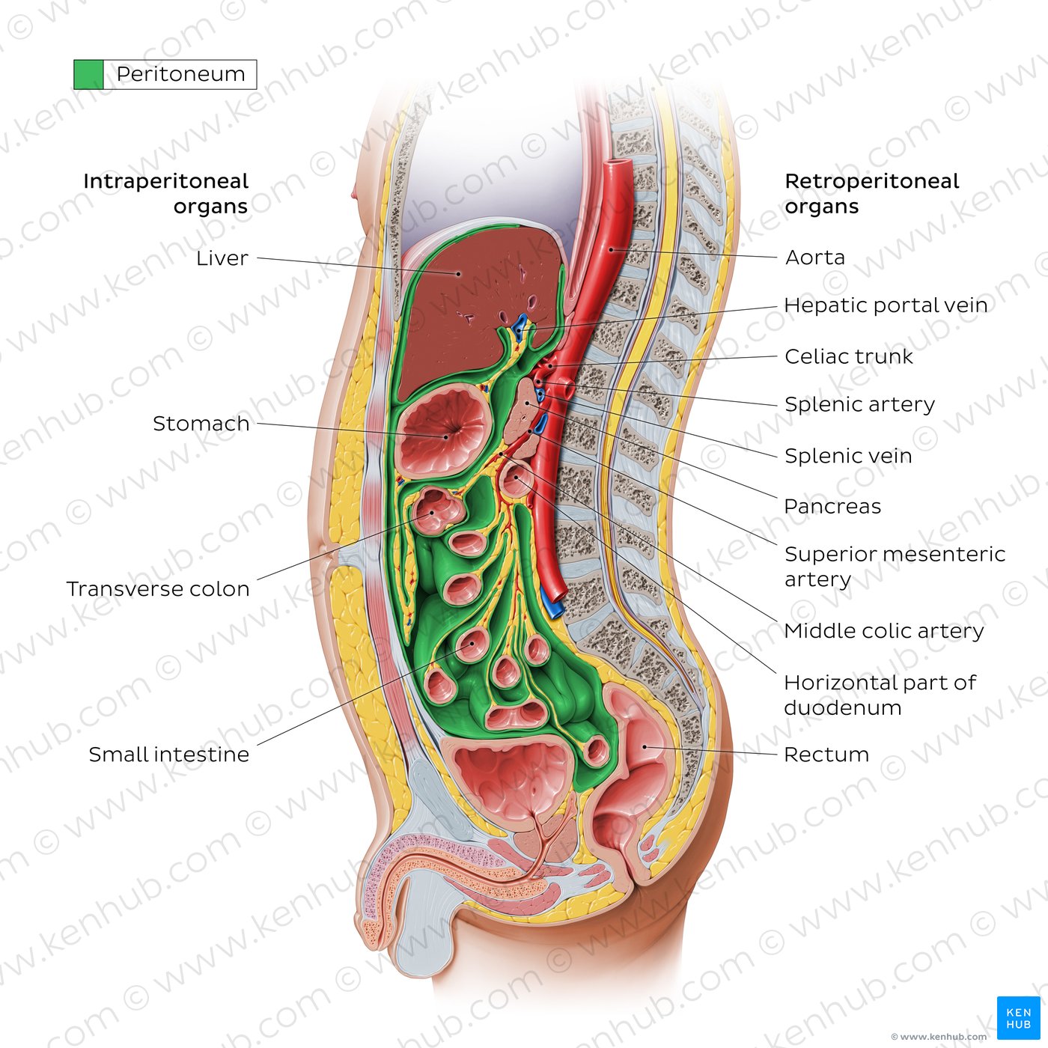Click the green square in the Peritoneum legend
(88, 75)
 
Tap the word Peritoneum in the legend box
(180, 75)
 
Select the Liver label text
(222, 258)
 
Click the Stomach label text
(201, 424)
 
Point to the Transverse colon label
(158, 589)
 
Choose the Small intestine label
(168, 755)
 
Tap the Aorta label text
(814, 258)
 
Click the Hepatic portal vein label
(886, 305)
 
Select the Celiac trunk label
(848, 357)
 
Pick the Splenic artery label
(859, 405)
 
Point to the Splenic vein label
(848, 456)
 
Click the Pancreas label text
(832, 507)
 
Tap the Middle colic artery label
(884, 631)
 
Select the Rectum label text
(826, 755)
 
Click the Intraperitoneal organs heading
(166, 194)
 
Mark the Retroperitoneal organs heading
(872, 194)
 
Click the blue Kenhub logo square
(1018, 1018)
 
